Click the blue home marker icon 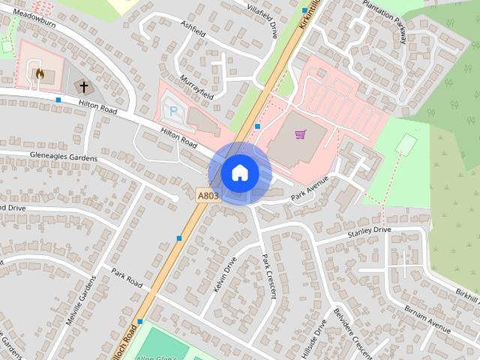pyautogui.click(x=240, y=173)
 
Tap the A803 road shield pyautogui.click(x=208, y=196)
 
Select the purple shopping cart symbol pyautogui.click(x=300, y=135)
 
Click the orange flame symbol pyautogui.click(x=39, y=74)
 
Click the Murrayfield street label pyautogui.click(x=197, y=87)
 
